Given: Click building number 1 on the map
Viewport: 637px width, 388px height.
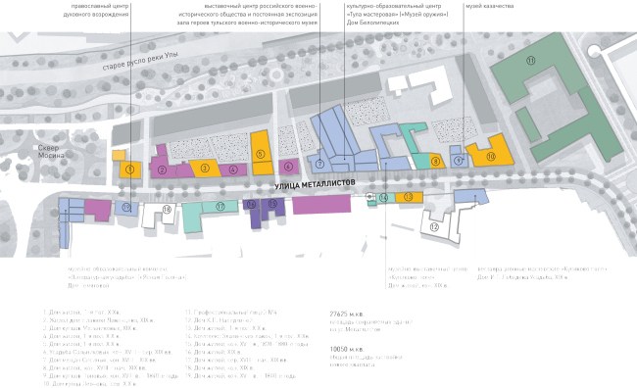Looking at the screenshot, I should pos(129,170).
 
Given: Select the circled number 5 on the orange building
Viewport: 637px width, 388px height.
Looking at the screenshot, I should pos(260,154).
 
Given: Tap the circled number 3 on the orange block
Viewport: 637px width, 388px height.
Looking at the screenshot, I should pos(204,169).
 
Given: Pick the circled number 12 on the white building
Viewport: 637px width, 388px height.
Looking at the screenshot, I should pos(432,226).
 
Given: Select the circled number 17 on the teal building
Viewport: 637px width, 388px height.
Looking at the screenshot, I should pos(220,207).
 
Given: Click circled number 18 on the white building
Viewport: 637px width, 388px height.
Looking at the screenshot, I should pos(167,209).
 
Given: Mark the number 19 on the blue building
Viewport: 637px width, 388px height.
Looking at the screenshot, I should pos(124,208).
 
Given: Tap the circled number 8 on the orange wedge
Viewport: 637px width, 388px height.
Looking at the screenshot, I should pos(435,159).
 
